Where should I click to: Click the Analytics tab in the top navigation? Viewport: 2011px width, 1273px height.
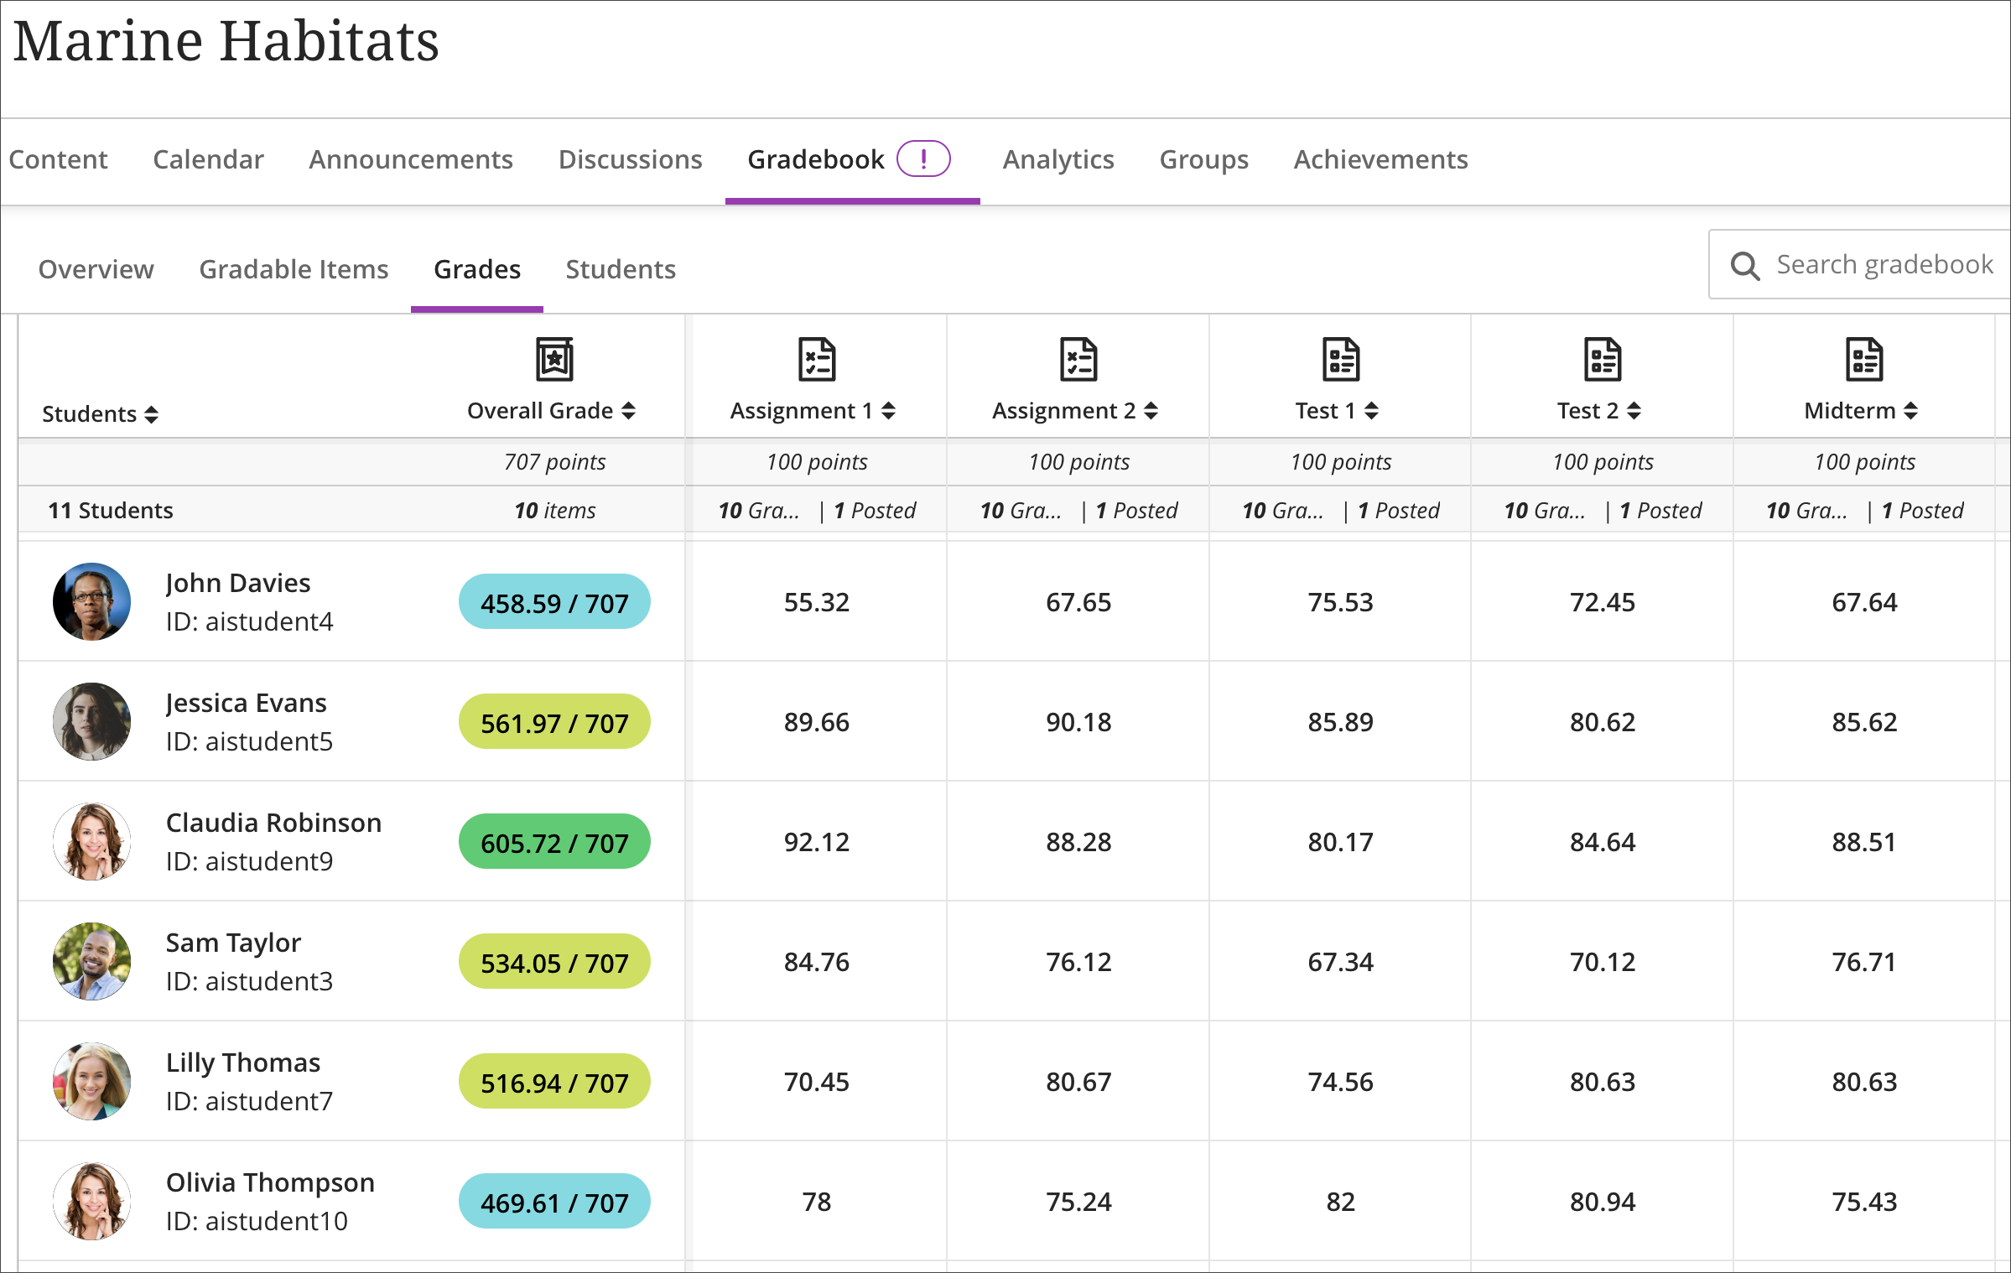coord(1057,159)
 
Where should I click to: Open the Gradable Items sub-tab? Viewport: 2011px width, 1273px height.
coord(294,269)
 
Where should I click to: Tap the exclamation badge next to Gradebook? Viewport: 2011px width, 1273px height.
coord(923,158)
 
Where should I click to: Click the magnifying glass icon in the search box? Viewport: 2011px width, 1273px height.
coord(1744,266)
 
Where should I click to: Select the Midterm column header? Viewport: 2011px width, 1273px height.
coord(1850,410)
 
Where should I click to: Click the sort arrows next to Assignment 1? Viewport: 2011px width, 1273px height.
coord(889,411)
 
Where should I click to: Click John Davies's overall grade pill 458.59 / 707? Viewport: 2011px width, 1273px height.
coord(554,602)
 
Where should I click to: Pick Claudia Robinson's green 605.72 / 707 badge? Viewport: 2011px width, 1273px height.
coord(554,842)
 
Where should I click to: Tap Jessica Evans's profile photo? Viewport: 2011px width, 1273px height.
coord(91,721)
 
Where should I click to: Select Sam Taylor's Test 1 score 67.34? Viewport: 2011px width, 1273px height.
coord(1340,962)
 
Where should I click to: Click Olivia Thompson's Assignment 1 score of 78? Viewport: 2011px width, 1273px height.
coord(816,1202)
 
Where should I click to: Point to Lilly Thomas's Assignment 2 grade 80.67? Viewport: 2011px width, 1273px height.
coord(1078,1082)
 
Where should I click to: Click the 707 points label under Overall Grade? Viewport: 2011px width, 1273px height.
coord(554,462)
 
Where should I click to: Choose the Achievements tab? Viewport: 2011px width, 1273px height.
coord(1380,159)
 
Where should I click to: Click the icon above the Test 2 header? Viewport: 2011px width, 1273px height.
coord(1602,360)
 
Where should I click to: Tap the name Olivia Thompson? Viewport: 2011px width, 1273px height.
coord(270,1182)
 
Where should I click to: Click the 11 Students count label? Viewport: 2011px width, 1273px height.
coord(111,511)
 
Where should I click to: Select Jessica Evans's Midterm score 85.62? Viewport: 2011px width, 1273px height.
coord(1863,722)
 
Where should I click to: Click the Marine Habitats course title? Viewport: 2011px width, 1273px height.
coord(226,41)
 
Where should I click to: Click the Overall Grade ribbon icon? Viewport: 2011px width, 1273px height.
coord(554,360)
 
